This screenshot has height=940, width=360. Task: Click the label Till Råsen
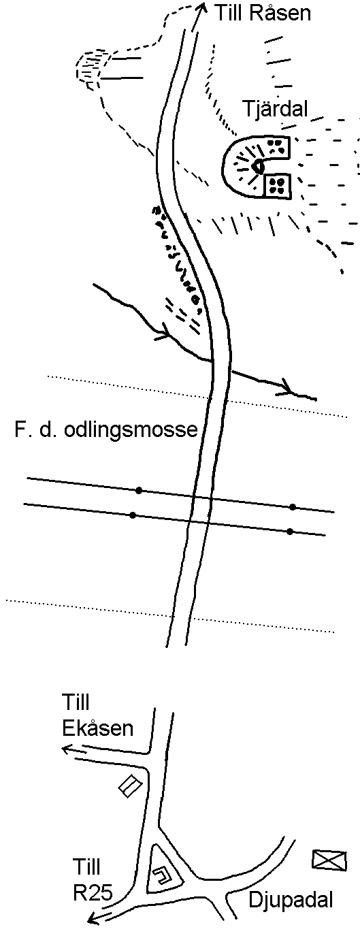pos(263,14)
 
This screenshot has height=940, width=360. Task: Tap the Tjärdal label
pos(276,109)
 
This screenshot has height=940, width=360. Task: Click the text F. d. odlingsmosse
pos(105,430)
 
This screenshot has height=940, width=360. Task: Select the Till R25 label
pos(93,879)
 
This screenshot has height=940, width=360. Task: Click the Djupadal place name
pos(291,900)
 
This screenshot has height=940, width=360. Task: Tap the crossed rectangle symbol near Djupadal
pos(330,860)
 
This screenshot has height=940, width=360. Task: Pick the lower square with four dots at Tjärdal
pos(277,186)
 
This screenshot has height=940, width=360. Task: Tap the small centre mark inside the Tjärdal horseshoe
pos(259,167)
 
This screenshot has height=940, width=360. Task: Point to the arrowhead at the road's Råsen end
pos(203,8)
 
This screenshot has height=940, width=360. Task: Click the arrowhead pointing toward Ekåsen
pos(67,749)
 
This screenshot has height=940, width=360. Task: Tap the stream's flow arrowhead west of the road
pos(164,332)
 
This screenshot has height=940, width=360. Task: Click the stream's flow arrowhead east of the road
pos(287,387)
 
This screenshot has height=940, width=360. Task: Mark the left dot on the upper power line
pos(139,490)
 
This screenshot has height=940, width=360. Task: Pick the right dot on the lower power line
pos(290,532)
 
